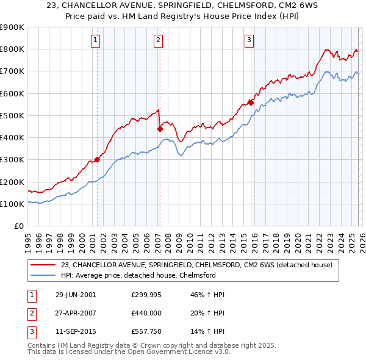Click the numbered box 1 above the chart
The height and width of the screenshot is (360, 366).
coord(96,40)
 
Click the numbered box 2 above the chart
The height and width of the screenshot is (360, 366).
coord(158,40)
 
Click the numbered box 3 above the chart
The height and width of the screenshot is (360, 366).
coord(249,40)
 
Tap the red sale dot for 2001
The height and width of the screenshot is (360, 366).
coord(97,159)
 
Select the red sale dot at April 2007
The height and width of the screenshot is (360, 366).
coord(160,129)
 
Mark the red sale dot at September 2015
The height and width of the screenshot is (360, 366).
coord(251,103)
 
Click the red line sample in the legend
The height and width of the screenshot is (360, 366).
coord(43,265)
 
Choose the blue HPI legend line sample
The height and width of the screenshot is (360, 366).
coord(43,275)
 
